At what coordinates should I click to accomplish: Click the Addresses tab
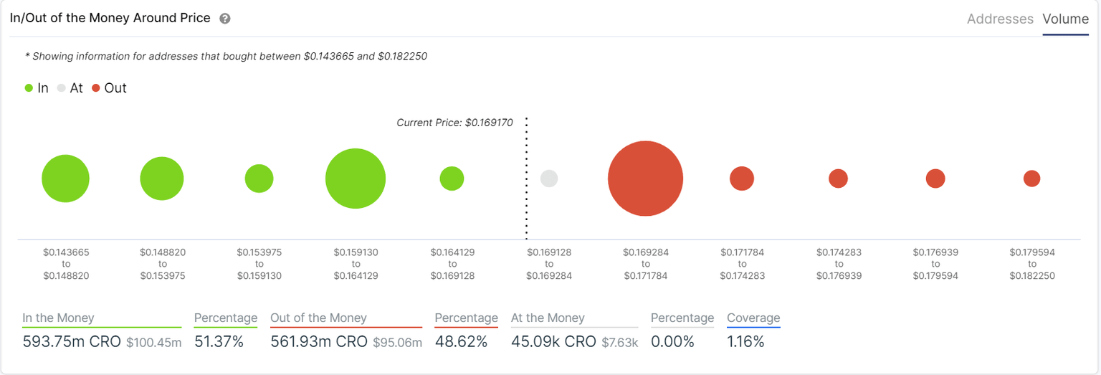(1000, 19)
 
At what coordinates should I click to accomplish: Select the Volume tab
(1065, 19)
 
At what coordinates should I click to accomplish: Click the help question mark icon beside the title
(224, 19)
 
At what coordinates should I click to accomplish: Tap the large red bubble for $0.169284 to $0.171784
(645, 179)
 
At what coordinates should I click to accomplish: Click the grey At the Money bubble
(549, 179)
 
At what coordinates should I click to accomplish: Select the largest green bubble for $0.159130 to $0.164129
(356, 179)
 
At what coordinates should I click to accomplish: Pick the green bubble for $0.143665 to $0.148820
(66, 179)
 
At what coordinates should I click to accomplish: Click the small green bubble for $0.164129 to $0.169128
(452, 179)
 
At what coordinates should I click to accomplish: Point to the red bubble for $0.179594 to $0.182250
(1031, 179)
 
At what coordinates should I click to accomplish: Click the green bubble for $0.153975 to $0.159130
(259, 179)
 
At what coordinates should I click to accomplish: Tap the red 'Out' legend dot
(96, 88)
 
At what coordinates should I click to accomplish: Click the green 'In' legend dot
(29, 88)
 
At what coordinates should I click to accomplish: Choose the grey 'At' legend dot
(62, 88)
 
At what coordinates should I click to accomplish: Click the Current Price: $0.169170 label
(454, 123)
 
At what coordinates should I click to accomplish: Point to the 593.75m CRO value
(71, 342)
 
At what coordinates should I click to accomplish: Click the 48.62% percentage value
(461, 342)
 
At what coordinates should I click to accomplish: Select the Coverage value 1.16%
(745, 342)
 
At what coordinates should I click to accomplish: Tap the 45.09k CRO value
(553, 342)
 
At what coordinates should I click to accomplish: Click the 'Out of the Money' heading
(318, 318)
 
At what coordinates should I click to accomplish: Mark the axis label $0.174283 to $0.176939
(839, 264)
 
